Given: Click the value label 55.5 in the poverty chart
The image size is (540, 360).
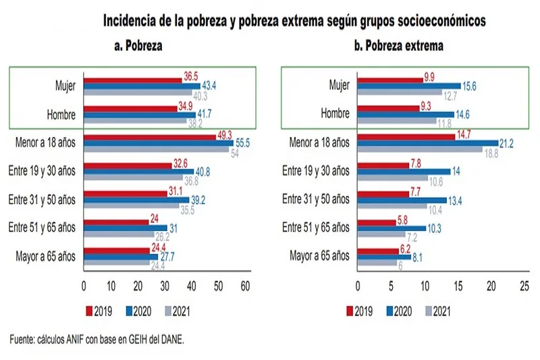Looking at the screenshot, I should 244,144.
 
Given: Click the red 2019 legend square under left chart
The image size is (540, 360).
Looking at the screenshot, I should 88,311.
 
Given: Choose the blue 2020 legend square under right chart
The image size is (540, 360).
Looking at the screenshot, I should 389,311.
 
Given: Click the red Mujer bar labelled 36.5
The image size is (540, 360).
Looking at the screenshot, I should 132,80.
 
